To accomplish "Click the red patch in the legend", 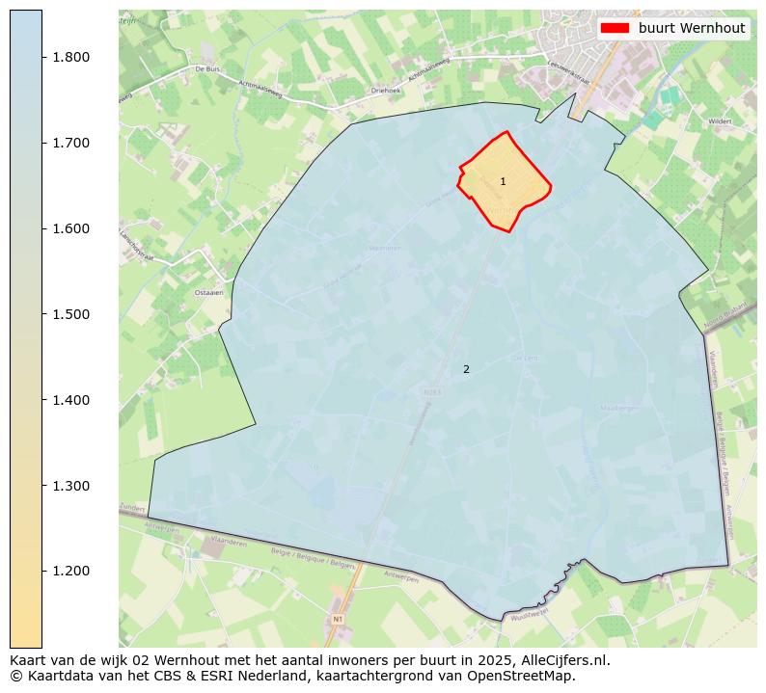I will click(615, 28).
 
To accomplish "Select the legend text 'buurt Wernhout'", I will click(692, 28).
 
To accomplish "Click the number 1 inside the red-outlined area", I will click(503, 181).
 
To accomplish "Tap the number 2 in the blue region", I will click(466, 369).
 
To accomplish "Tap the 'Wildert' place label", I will click(720, 122).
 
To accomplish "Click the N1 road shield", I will click(337, 618).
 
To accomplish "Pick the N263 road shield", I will click(431, 392).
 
